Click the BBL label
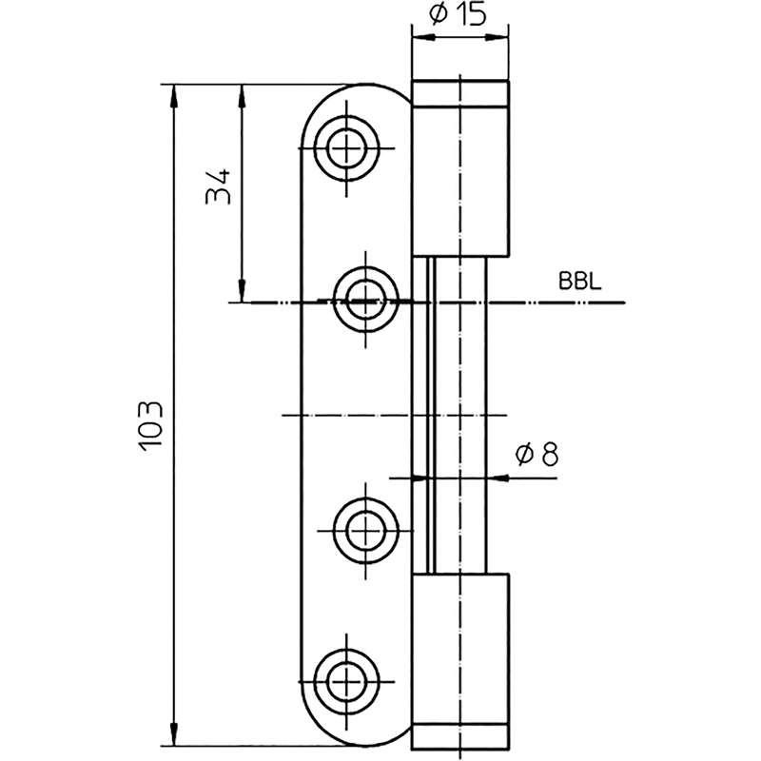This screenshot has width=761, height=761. tap(580, 281)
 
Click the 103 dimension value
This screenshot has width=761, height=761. tap(150, 426)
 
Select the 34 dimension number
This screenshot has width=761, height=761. tap(218, 186)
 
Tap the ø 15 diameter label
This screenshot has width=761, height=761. tap(459, 15)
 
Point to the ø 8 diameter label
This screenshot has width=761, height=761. tap(537, 455)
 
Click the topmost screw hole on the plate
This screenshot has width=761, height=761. tap(346, 148)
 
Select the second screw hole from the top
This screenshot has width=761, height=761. tap(366, 300)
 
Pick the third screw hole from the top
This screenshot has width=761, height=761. tap(366, 531)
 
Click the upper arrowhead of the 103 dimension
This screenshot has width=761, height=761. tap(174, 96)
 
